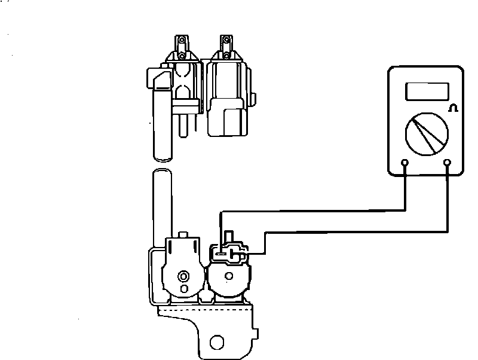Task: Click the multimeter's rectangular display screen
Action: coord(427,91)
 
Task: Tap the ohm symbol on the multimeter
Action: coord(452,108)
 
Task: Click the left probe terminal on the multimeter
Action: coord(405,162)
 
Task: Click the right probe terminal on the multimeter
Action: coord(447,162)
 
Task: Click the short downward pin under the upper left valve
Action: coord(184,124)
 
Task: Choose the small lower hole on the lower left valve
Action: coord(183,289)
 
